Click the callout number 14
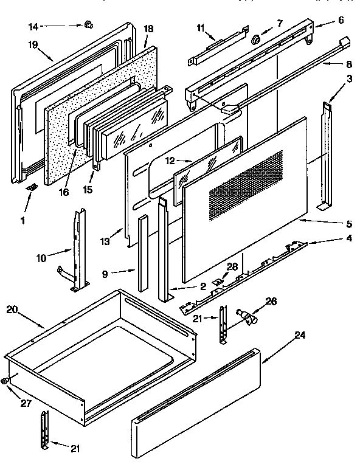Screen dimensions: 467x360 coord(32,26)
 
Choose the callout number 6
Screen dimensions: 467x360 coord(341,20)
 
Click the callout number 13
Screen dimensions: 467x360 coord(105,242)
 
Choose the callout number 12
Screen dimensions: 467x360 coord(171,161)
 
